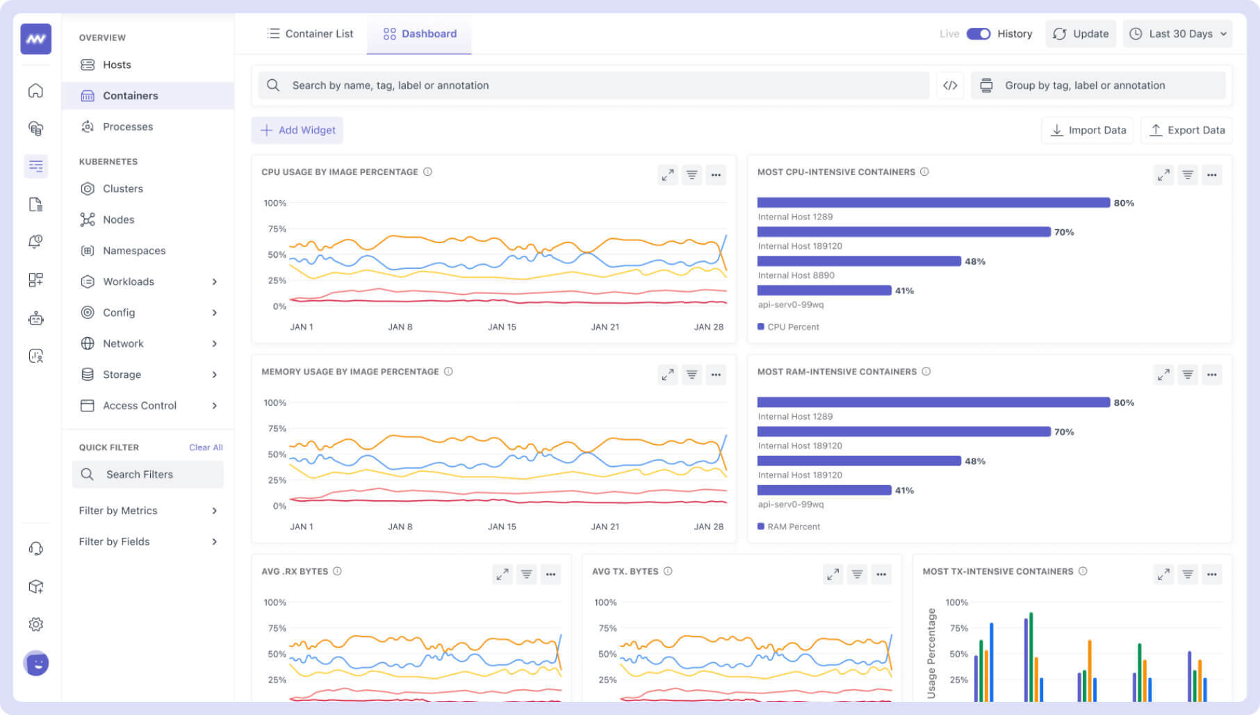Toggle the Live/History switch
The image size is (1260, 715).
[978, 33]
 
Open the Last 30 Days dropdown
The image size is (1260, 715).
[1177, 33]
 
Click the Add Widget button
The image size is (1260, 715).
[297, 130]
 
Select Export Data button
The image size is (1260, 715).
[1187, 130]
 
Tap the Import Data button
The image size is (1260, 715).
[1088, 130]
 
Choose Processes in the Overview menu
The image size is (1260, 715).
[127, 126]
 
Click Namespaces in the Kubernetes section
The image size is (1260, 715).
[133, 250]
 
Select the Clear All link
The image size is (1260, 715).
[206, 447]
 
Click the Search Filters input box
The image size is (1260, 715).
[148, 474]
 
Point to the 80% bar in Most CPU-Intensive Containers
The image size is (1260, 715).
[933, 203]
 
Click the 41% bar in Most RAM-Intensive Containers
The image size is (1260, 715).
[824, 490]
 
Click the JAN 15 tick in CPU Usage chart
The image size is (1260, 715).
[502, 327]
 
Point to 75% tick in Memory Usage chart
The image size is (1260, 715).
[277, 429]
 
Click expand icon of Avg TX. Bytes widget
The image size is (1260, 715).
[833, 574]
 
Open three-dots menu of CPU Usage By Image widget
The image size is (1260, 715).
[716, 175]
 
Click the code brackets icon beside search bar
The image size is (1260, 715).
[950, 85]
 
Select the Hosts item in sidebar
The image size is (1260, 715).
[116, 65]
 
